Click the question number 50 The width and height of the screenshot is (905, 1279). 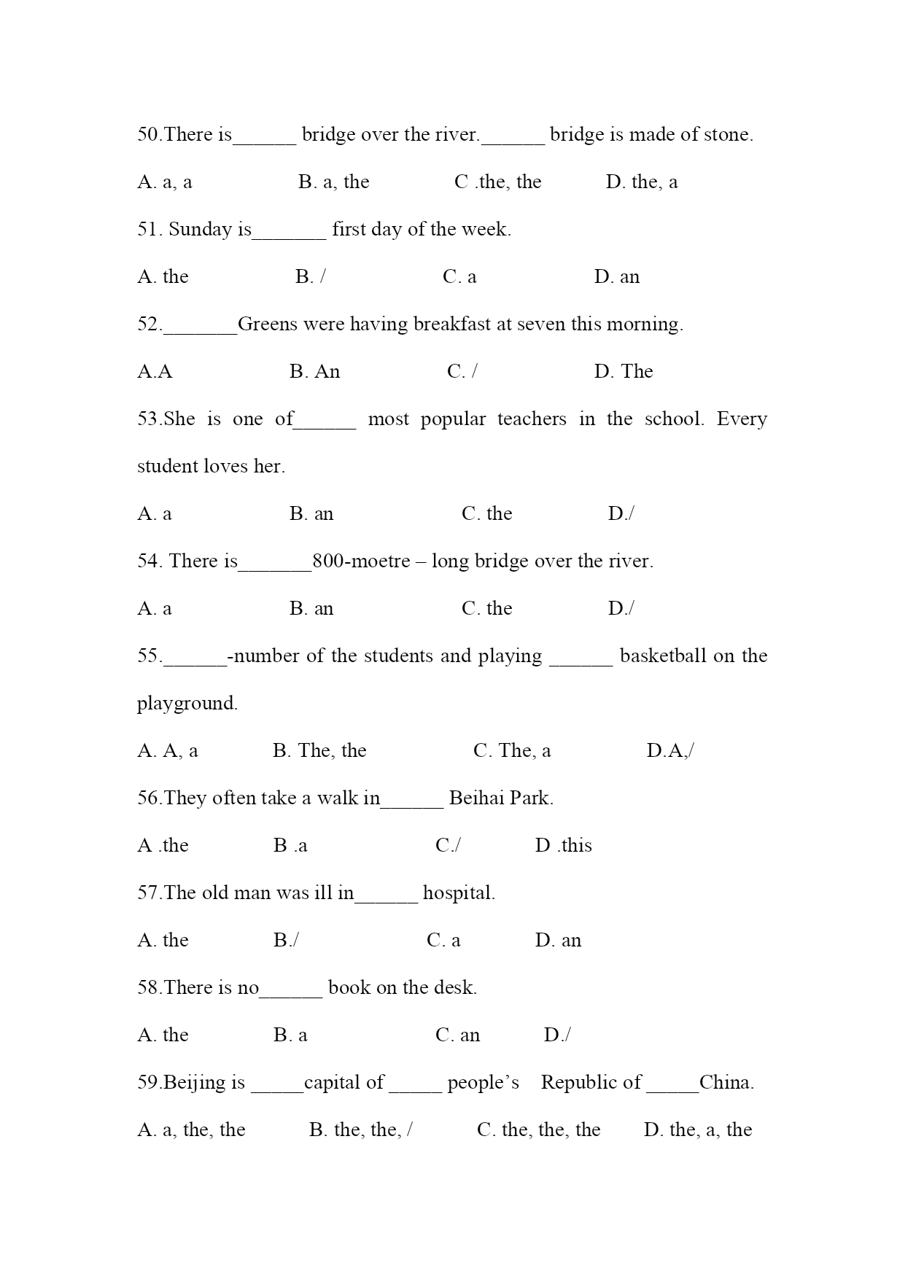148,135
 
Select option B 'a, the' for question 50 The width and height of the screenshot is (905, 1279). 333,182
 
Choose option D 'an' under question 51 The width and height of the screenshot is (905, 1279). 616,277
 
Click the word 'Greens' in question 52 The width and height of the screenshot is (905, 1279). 268,324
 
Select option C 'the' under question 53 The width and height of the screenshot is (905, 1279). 486,514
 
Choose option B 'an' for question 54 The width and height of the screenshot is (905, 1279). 311,609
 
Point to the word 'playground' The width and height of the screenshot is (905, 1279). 187,704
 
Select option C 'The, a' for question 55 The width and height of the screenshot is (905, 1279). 512,751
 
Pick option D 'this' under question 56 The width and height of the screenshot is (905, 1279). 563,846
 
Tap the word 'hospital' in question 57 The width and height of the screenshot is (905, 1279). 458,893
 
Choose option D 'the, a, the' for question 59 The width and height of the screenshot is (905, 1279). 697,1130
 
